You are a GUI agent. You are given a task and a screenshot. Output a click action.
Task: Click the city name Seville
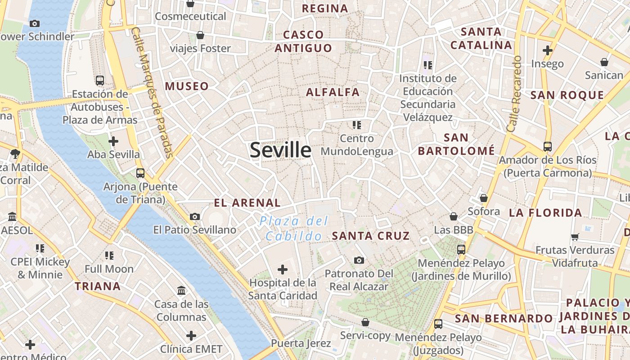[280, 150]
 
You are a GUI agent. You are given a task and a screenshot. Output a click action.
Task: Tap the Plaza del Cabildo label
[294, 229]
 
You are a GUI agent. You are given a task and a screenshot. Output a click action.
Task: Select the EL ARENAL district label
[247, 203]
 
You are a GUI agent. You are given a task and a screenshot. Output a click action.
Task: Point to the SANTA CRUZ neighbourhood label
[371, 236]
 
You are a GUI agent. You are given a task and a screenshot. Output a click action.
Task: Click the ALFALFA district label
[333, 93]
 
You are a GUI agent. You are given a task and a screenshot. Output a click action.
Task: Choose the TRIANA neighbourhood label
[98, 286]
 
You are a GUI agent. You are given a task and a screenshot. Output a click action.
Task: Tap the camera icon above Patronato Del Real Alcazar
[359, 260]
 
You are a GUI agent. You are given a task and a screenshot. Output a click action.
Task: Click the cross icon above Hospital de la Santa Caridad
[283, 270]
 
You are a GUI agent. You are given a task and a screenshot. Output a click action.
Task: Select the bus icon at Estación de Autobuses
[100, 81]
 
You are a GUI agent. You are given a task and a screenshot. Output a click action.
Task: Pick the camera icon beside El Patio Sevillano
[195, 216]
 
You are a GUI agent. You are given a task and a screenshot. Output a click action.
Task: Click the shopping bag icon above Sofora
[484, 198]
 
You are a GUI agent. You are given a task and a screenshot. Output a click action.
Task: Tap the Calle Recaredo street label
[514, 94]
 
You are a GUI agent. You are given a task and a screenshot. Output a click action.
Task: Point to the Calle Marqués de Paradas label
[153, 92]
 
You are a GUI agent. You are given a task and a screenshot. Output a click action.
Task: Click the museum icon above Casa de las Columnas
[181, 291]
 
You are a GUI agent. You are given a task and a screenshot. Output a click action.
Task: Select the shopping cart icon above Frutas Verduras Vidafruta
[575, 237]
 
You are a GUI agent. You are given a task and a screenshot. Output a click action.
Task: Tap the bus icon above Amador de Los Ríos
[547, 146]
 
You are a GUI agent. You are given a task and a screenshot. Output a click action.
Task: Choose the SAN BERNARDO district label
[504, 319]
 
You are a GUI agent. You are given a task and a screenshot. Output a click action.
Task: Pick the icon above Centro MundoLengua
[357, 125]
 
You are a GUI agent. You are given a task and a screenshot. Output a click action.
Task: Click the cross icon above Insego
[547, 50]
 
